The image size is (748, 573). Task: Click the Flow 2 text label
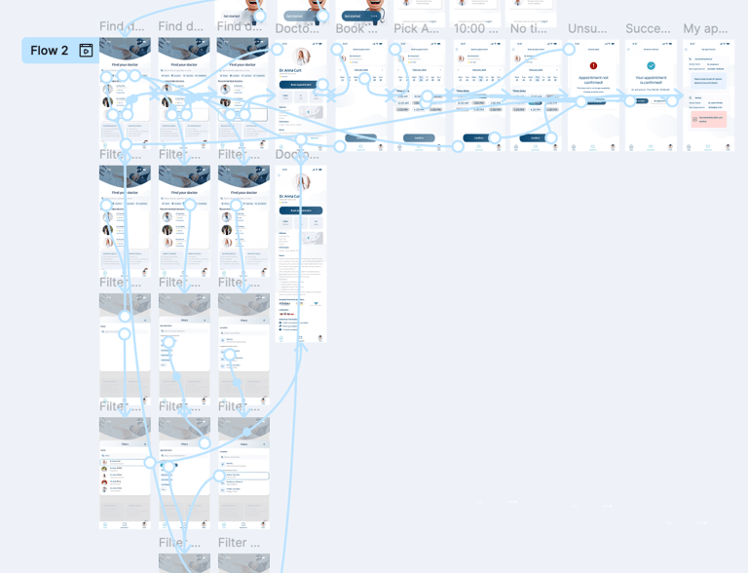pos(49,51)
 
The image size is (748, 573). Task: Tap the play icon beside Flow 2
pos(86,51)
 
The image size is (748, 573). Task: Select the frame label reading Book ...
pos(355,28)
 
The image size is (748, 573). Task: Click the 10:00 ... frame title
pos(475,28)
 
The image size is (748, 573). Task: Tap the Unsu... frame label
pos(587,28)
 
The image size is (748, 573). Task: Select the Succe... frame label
pos(648,28)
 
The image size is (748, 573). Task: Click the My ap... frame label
pos(705,28)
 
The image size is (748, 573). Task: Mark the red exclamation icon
pos(593,66)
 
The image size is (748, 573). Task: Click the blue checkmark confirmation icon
pos(652,66)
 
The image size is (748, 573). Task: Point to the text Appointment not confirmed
pos(593,80)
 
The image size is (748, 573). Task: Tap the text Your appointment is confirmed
pos(652,80)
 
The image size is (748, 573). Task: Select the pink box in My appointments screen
pos(708,119)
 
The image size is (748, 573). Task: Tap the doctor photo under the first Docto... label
pos(302,57)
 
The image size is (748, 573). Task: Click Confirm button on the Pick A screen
pos(419,138)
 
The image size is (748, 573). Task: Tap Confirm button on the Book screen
pos(359,138)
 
